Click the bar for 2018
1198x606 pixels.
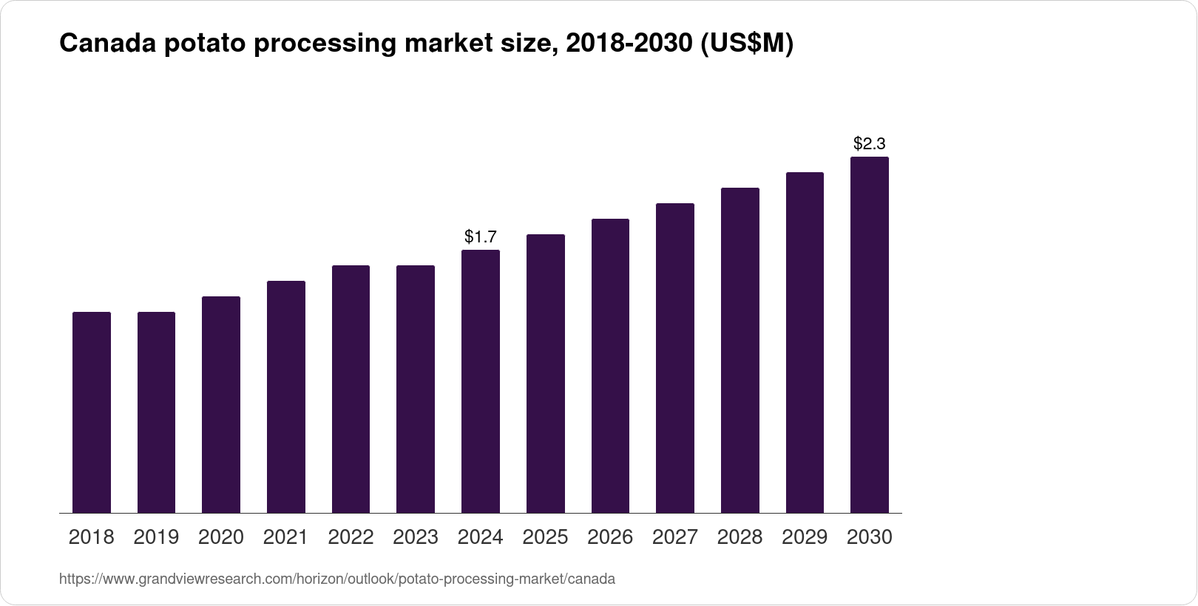pyautogui.click(x=92, y=412)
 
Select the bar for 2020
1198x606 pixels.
pyautogui.click(x=221, y=405)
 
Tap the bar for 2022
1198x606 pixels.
pyautogui.click(x=351, y=389)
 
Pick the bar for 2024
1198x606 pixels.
pyautogui.click(x=481, y=381)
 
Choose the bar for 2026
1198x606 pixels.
pyautogui.click(x=610, y=366)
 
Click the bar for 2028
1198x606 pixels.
pyautogui.click(x=740, y=350)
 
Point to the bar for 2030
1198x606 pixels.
pyautogui.click(x=870, y=335)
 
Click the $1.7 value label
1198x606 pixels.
pyautogui.click(x=481, y=237)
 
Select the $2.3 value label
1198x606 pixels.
pyautogui.click(x=870, y=143)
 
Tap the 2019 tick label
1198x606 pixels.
pyautogui.click(x=156, y=537)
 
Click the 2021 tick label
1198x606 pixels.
pyautogui.click(x=285, y=537)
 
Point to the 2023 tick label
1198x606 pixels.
pyautogui.click(x=416, y=537)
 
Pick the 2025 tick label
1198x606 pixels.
pyautogui.click(x=545, y=537)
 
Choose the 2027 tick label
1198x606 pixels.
pyautogui.click(x=675, y=537)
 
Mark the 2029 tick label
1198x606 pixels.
pyautogui.click(x=805, y=537)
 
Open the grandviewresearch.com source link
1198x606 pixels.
pyautogui.click(x=336, y=579)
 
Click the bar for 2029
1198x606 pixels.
pyautogui.click(x=805, y=343)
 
